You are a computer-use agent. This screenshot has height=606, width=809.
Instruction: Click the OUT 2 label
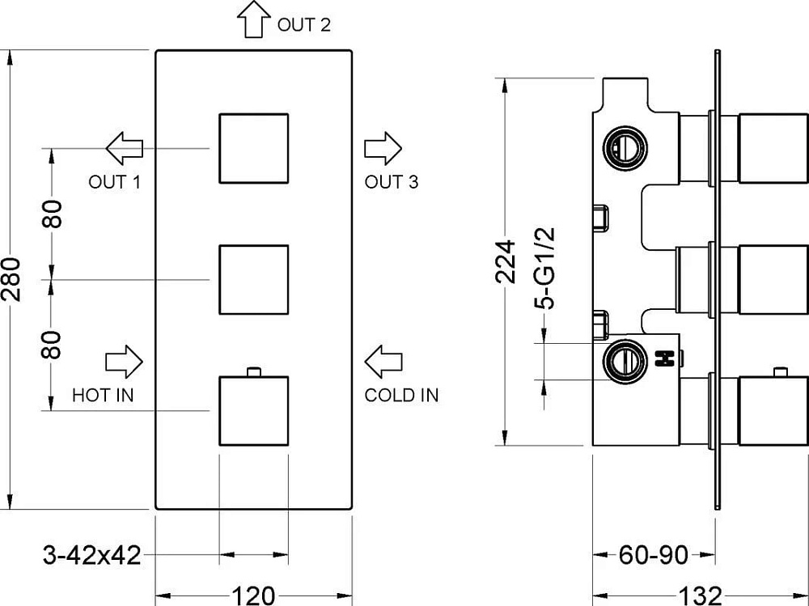click(303, 25)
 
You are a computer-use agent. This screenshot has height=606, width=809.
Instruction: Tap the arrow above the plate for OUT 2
click(254, 19)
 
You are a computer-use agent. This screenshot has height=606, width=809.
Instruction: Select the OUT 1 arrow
click(125, 148)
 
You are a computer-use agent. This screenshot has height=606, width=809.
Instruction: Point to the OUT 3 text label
click(391, 182)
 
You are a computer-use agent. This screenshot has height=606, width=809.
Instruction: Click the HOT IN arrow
click(124, 362)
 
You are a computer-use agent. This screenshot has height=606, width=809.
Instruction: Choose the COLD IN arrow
click(383, 362)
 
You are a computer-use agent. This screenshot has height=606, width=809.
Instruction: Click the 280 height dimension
click(11, 279)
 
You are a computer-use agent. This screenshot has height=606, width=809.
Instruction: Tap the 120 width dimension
click(253, 595)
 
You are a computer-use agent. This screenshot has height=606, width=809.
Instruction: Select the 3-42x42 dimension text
click(92, 555)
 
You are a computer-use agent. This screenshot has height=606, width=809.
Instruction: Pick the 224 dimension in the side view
click(506, 261)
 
